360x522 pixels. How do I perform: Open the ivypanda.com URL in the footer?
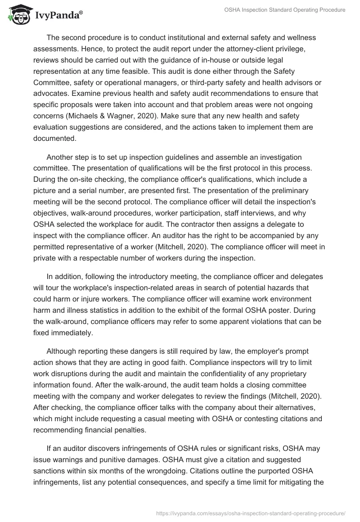251,513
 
